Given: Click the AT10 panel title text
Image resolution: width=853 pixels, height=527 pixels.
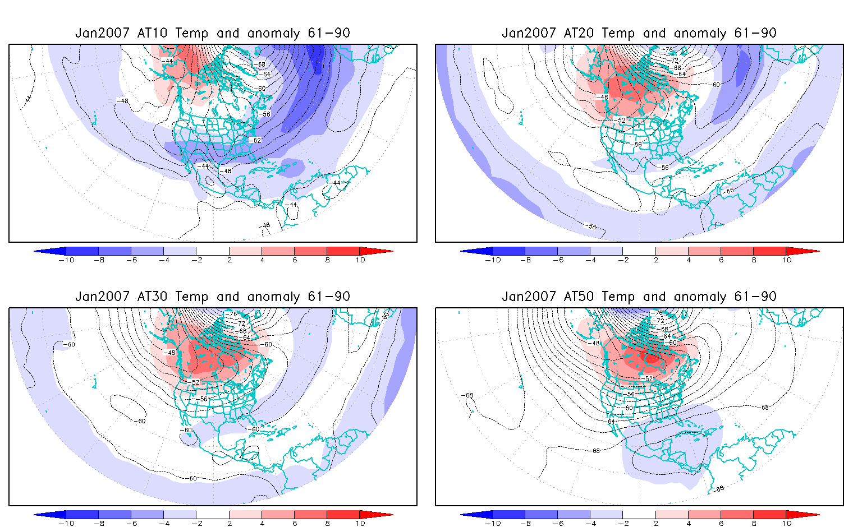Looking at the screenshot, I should click(213, 33).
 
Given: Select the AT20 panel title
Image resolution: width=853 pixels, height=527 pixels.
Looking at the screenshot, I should click(639, 33).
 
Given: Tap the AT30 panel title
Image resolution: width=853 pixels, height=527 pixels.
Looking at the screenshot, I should click(213, 297).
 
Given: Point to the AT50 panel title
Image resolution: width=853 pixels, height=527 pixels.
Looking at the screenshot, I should click(639, 297).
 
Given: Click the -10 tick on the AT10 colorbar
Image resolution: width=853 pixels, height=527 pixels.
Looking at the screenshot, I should click(66, 260).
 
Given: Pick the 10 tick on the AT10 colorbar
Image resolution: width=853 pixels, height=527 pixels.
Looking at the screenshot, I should click(360, 260).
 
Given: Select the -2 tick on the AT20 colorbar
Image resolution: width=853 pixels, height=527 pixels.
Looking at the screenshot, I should click(623, 260).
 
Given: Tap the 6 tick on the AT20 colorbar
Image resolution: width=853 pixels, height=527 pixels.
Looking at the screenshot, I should click(721, 260).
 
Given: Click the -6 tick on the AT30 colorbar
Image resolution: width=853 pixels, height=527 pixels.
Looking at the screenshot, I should click(131, 524).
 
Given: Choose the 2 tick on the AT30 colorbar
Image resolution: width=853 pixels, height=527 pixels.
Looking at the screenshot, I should click(230, 524).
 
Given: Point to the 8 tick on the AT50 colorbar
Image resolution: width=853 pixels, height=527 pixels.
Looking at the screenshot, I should click(754, 524).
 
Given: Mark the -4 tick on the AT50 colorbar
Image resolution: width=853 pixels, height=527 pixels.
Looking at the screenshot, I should click(590, 524).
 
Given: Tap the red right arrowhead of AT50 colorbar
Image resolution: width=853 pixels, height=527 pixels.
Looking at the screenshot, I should click(802, 515).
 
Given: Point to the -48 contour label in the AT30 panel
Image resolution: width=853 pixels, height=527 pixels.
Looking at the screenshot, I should click(169, 353).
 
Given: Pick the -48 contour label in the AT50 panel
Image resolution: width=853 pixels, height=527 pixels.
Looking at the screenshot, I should click(594, 343).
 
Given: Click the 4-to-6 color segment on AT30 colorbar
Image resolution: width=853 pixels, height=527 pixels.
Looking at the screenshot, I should click(278, 515).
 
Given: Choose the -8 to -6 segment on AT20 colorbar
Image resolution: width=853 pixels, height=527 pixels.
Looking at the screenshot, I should click(542, 251).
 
